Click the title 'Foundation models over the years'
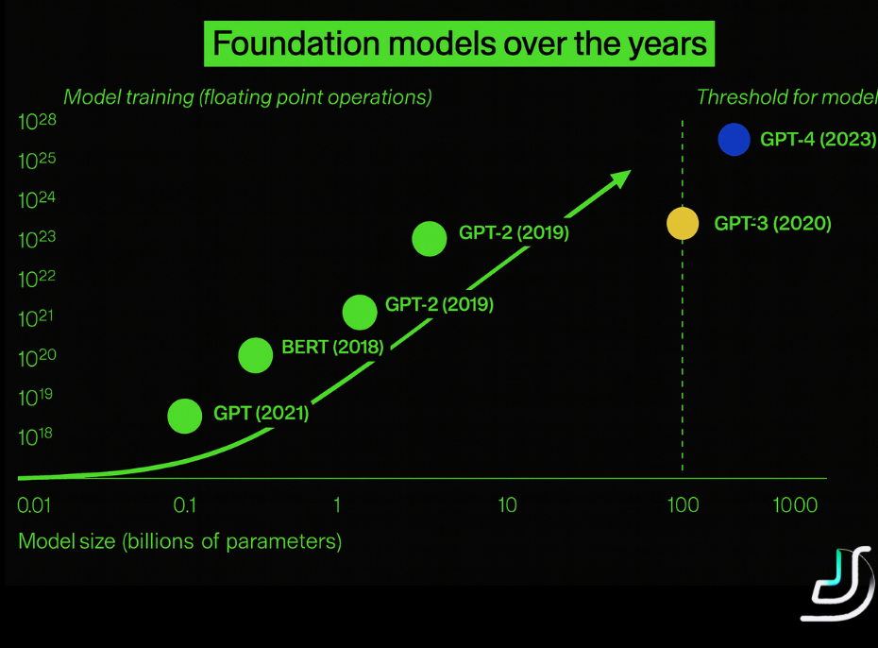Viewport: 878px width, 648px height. point(460,44)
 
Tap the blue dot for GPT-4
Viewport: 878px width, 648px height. point(734,140)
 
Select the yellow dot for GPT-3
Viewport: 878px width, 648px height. point(683,224)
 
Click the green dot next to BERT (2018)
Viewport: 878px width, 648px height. point(256,355)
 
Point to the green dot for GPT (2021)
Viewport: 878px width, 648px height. point(185,416)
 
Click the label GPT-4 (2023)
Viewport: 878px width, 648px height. point(818,140)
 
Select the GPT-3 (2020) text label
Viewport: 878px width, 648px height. point(772,224)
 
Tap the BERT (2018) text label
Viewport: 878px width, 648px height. point(332,348)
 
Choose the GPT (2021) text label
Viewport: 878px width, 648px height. point(262,413)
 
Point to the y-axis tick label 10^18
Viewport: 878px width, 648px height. point(38,435)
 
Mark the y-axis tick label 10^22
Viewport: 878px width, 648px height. point(38,279)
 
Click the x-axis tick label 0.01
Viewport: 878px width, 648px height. point(34,505)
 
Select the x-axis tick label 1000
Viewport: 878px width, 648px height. point(795,505)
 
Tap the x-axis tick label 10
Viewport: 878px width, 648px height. point(507,505)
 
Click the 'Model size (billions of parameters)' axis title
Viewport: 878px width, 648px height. point(180,541)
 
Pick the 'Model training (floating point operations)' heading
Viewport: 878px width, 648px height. point(247,96)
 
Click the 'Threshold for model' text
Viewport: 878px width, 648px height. point(786,96)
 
